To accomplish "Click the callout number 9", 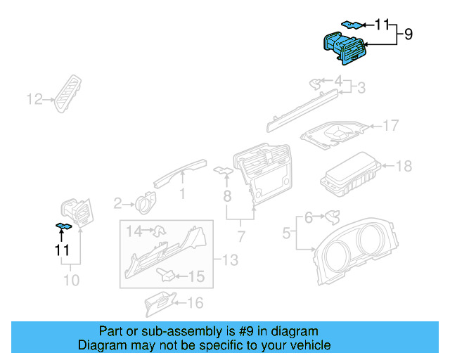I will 408,33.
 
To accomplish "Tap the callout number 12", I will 34,99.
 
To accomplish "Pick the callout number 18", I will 403,166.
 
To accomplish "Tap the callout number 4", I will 338,80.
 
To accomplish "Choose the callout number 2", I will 117,203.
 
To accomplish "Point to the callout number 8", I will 226,193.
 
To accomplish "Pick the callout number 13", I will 230,261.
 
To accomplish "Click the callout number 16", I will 195,303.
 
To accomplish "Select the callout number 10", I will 72,280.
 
